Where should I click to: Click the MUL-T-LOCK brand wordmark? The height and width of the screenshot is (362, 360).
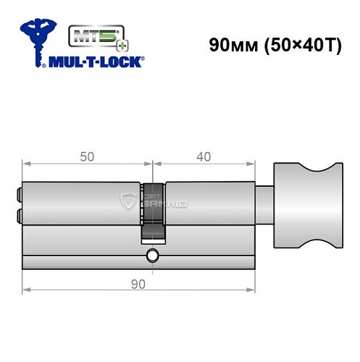click(95, 63)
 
